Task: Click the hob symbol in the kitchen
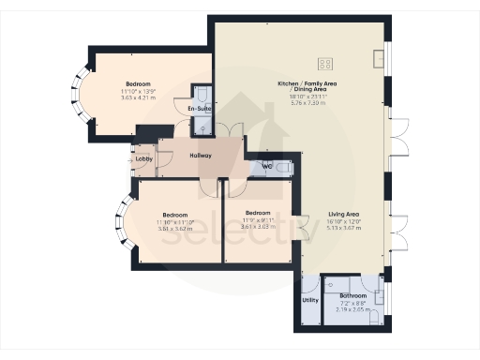pos(325,64)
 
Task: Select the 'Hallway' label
pos(201,156)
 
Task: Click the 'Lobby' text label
pos(143,159)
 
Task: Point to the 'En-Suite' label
pos(199,110)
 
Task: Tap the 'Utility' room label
pos(309,300)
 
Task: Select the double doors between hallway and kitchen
pos(230,134)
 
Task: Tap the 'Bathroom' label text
pos(353,295)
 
